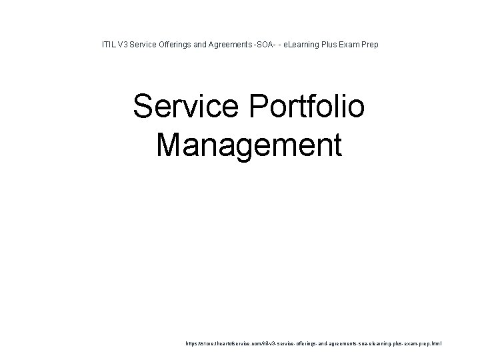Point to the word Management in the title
[x=249, y=144]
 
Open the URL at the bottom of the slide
[x=313, y=344]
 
